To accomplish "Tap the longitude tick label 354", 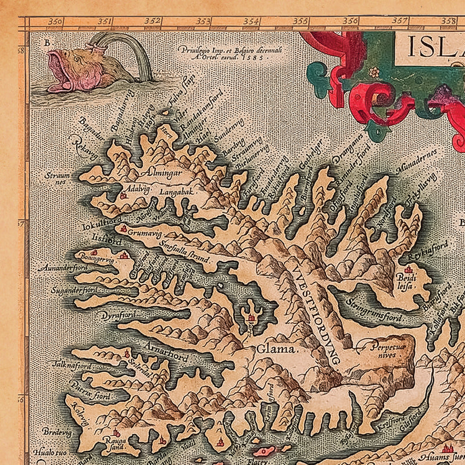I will [x=251, y=22].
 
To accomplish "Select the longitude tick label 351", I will [x=105, y=22].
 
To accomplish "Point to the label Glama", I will [x=268, y=349].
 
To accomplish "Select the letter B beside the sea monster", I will [x=47, y=42].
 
